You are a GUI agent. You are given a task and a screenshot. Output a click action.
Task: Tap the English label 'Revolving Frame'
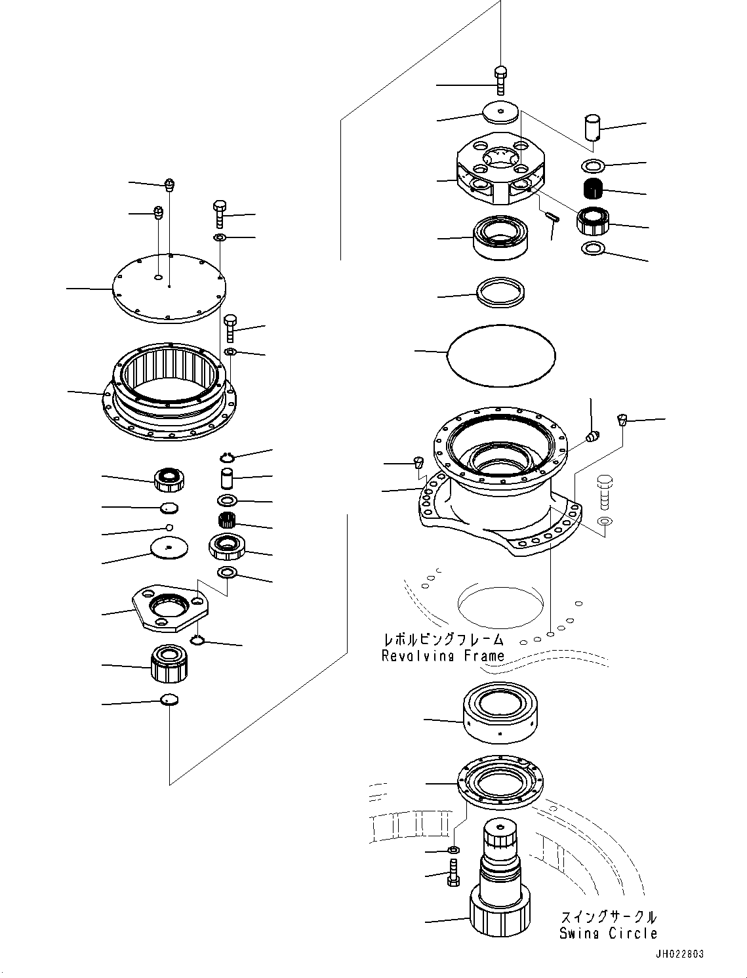(443, 655)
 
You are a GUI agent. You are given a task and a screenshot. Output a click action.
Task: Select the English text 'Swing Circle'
(607, 933)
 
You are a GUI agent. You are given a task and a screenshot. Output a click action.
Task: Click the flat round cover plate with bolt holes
(169, 288)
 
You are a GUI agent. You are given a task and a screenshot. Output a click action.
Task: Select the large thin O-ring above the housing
(501, 355)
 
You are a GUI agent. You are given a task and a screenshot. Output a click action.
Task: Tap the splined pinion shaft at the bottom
(499, 886)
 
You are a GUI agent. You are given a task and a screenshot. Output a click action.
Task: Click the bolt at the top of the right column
(501, 80)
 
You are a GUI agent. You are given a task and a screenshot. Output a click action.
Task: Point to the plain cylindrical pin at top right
(594, 127)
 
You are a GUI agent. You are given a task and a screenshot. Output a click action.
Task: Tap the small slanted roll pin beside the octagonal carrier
(552, 217)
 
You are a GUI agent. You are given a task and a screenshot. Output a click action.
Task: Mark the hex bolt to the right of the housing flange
(604, 493)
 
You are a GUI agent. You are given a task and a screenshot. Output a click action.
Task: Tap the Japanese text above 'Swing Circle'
(607, 917)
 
